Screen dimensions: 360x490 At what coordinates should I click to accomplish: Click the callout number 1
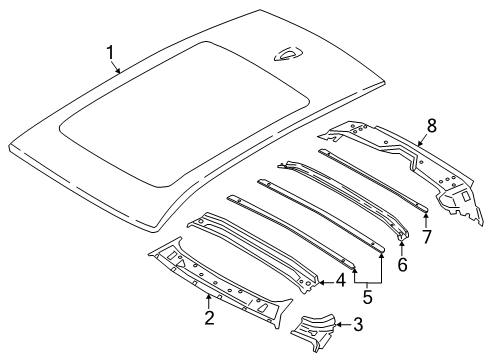click(x=112, y=53)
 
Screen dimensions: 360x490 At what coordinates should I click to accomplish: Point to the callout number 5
click(x=366, y=297)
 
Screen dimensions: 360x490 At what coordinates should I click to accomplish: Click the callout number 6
click(x=404, y=265)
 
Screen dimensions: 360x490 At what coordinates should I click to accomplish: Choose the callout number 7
click(x=428, y=237)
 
